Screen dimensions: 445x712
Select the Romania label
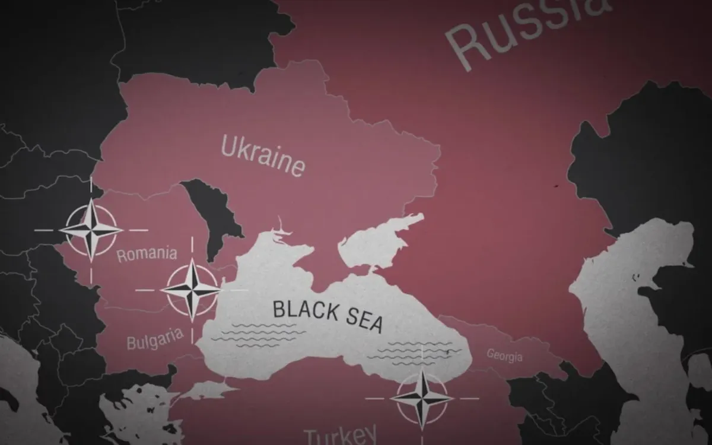point(147,255)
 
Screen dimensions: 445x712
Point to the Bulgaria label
point(154,340)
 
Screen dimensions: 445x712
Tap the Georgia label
point(504,355)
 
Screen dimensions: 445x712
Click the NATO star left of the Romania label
point(91,230)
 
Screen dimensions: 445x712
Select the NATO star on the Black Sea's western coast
point(192,290)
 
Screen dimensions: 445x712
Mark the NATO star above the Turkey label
point(422,398)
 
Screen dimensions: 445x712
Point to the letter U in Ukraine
point(228,145)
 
